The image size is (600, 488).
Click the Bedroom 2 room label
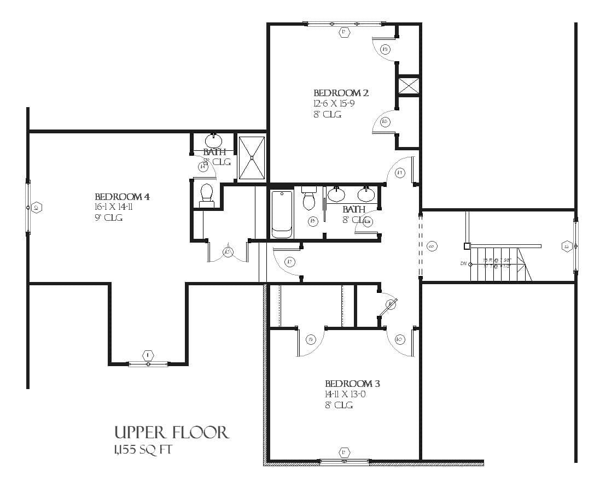(341, 93)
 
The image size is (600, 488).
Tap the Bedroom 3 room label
(352, 384)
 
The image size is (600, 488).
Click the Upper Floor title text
(171, 433)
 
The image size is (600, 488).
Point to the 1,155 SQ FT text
(145, 450)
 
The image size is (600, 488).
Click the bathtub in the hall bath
(282, 214)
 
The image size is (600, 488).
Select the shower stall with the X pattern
(252, 157)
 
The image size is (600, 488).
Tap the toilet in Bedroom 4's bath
(207, 196)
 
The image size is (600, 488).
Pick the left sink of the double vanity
(336, 193)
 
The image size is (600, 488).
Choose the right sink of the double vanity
(366, 193)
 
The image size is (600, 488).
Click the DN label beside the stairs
(464, 264)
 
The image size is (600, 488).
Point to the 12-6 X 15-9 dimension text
(334, 104)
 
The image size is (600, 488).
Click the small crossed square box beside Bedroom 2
(408, 86)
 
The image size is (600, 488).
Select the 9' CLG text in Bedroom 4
(108, 217)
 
